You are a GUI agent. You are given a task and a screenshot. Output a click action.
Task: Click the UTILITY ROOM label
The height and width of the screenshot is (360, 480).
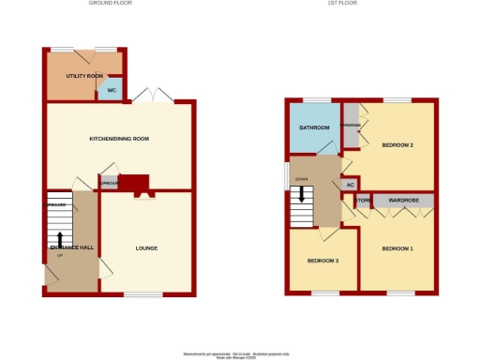coord(83,75)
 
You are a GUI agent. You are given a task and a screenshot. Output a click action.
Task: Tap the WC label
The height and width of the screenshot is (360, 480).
coord(111,91)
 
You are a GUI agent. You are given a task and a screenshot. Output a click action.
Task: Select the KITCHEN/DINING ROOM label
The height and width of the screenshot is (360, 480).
coord(119,139)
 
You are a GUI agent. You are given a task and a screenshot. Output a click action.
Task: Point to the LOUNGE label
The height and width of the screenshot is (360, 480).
coord(146,248)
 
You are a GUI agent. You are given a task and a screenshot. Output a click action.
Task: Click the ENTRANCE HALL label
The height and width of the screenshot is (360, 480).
coord(72,247)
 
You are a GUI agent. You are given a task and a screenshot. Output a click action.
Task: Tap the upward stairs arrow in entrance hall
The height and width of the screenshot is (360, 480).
coord(61,240)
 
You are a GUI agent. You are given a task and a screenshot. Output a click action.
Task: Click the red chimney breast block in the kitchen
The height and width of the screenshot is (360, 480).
coord(136,182)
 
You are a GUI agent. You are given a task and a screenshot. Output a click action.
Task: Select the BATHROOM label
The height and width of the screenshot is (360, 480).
coord(314,127)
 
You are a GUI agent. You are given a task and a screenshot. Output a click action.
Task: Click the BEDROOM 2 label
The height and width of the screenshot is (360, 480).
coord(398,145)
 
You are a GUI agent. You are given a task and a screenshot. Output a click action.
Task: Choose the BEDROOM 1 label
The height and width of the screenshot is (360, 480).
coord(397,248)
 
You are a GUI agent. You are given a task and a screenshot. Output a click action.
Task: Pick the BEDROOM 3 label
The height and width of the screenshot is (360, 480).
coord(323,260)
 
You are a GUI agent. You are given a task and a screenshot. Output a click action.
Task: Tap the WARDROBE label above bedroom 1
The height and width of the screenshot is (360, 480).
coord(404,201)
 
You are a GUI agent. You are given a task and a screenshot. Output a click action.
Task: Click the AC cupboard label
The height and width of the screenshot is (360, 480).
coord(351,184)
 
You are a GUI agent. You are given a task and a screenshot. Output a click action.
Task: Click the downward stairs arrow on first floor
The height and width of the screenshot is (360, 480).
coord(301,195)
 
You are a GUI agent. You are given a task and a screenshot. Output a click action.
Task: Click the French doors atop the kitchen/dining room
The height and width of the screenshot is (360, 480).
coord(152,95)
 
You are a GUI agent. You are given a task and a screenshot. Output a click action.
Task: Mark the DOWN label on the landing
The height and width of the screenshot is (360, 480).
coord(301,178)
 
